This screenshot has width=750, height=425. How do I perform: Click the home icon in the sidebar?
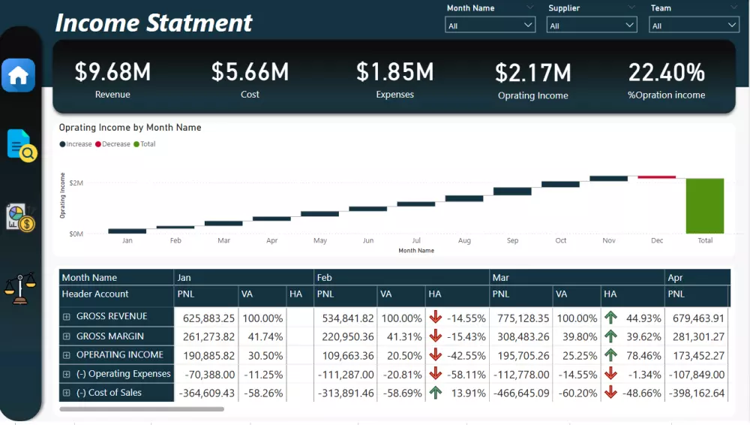pos(18,75)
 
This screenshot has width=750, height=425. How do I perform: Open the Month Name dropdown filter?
pos(490,26)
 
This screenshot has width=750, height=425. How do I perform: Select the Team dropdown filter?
pos(694,26)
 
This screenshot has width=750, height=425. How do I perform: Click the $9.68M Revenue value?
pos(112,72)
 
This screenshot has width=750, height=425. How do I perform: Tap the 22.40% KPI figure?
pos(666,73)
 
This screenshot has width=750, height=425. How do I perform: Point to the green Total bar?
pos(705,206)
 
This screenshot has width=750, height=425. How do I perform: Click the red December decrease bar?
pos(657,177)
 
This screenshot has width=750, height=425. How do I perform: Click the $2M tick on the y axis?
pos(76,182)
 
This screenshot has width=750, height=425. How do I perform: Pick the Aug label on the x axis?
pos(464,241)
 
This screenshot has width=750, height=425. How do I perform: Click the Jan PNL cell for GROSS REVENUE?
pos(205,318)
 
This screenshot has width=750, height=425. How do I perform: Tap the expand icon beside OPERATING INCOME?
pos(67,355)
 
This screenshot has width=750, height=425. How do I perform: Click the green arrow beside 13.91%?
pos(436,392)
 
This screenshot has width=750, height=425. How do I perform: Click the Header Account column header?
pos(95,294)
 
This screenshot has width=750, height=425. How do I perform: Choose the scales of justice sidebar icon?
pos(18,288)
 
